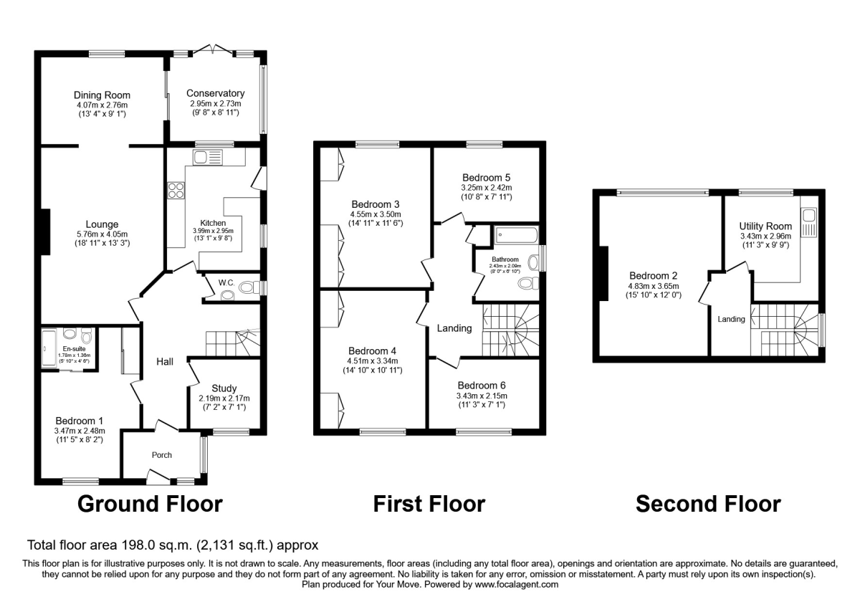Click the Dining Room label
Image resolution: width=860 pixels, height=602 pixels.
[102, 95]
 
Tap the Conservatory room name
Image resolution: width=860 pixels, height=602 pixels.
[215, 93]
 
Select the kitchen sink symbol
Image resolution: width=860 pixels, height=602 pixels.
[208, 157]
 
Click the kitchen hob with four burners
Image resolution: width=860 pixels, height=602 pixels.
[176, 191]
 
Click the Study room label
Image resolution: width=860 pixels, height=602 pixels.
[224, 388]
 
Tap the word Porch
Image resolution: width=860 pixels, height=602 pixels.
[161, 454]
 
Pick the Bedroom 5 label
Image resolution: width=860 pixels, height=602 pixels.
[486, 178]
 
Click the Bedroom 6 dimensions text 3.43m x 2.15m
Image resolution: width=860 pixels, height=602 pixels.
[482, 396]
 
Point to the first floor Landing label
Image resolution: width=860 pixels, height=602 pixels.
[455, 328]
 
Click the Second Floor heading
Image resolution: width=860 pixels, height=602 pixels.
[708, 504]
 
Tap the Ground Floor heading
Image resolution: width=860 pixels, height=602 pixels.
[150, 504]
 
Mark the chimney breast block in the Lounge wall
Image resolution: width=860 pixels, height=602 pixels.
[45, 231]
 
